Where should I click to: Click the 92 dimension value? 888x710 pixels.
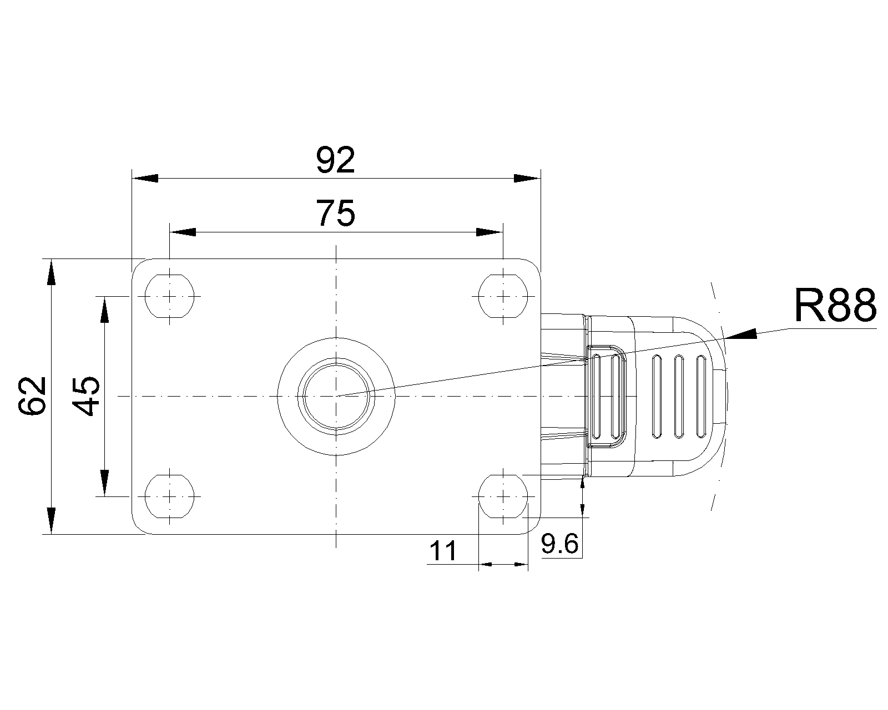[x=335, y=160]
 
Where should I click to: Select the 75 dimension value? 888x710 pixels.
[x=335, y=214]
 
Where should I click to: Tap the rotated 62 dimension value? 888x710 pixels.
[x=32, y=395]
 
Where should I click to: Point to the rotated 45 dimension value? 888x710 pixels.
[x=86, y=395]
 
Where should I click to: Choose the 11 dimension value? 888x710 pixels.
[x=443, y=551]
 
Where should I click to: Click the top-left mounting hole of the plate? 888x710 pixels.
[x=170, y=296]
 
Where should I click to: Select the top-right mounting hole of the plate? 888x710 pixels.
[x=503, y=296]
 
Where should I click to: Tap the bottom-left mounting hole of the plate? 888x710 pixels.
[x=170, y=496]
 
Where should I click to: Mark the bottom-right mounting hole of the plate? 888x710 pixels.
[x=503, y=496]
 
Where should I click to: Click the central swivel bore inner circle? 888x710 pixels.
[x=336, y=396]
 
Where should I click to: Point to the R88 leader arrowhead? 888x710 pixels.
[x=741, y=334]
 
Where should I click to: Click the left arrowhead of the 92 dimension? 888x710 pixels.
[x=145, y=178]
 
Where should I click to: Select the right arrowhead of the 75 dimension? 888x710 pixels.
[x=490, y=232]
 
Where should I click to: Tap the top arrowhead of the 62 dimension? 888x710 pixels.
[x=51, y=272]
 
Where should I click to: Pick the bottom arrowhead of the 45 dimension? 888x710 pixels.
[x=104, y=483]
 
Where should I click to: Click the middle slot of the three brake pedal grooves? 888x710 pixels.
[x=679, y=397]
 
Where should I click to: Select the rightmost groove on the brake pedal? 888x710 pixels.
[x=701, y=397]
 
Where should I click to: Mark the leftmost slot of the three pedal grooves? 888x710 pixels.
[x=657, y=397]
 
